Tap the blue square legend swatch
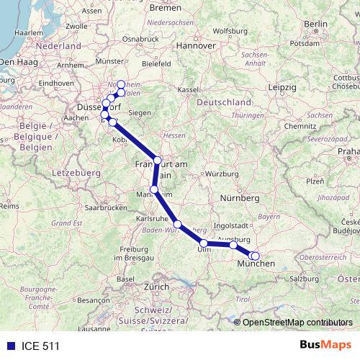(11, 346)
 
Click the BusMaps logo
(325, 345)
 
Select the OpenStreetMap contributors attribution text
(297, 323)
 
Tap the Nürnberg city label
(239, 197)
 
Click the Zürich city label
(156, 287)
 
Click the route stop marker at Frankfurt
(158, 160)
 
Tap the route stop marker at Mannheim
(153, 189)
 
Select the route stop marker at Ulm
(204, 243)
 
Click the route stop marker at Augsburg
(233, 245)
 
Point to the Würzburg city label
(222, 174)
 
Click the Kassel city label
(188, 89)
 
